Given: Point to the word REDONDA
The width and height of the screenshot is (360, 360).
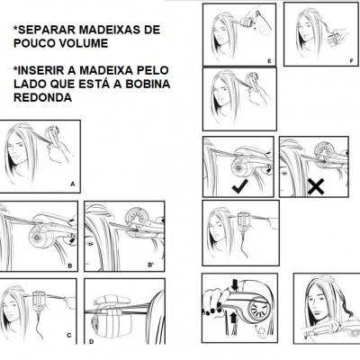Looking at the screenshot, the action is coord(42,97).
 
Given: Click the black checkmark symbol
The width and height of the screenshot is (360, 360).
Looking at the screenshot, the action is coord(240,186).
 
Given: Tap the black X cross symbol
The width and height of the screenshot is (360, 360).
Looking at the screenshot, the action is coord(316,186).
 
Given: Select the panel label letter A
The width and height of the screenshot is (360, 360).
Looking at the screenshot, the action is coord(72,184).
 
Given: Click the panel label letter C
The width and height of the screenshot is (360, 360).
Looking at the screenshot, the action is coord(69,336).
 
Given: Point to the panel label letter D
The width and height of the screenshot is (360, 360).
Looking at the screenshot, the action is coord(91,341).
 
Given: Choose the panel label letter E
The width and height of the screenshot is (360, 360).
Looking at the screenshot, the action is coord(269,61).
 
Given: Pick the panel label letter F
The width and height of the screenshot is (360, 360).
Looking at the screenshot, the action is coord(351,61).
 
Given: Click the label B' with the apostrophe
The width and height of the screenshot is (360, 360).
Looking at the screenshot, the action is coord(151,265).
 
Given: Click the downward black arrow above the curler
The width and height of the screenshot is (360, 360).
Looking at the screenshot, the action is coord(235,284).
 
